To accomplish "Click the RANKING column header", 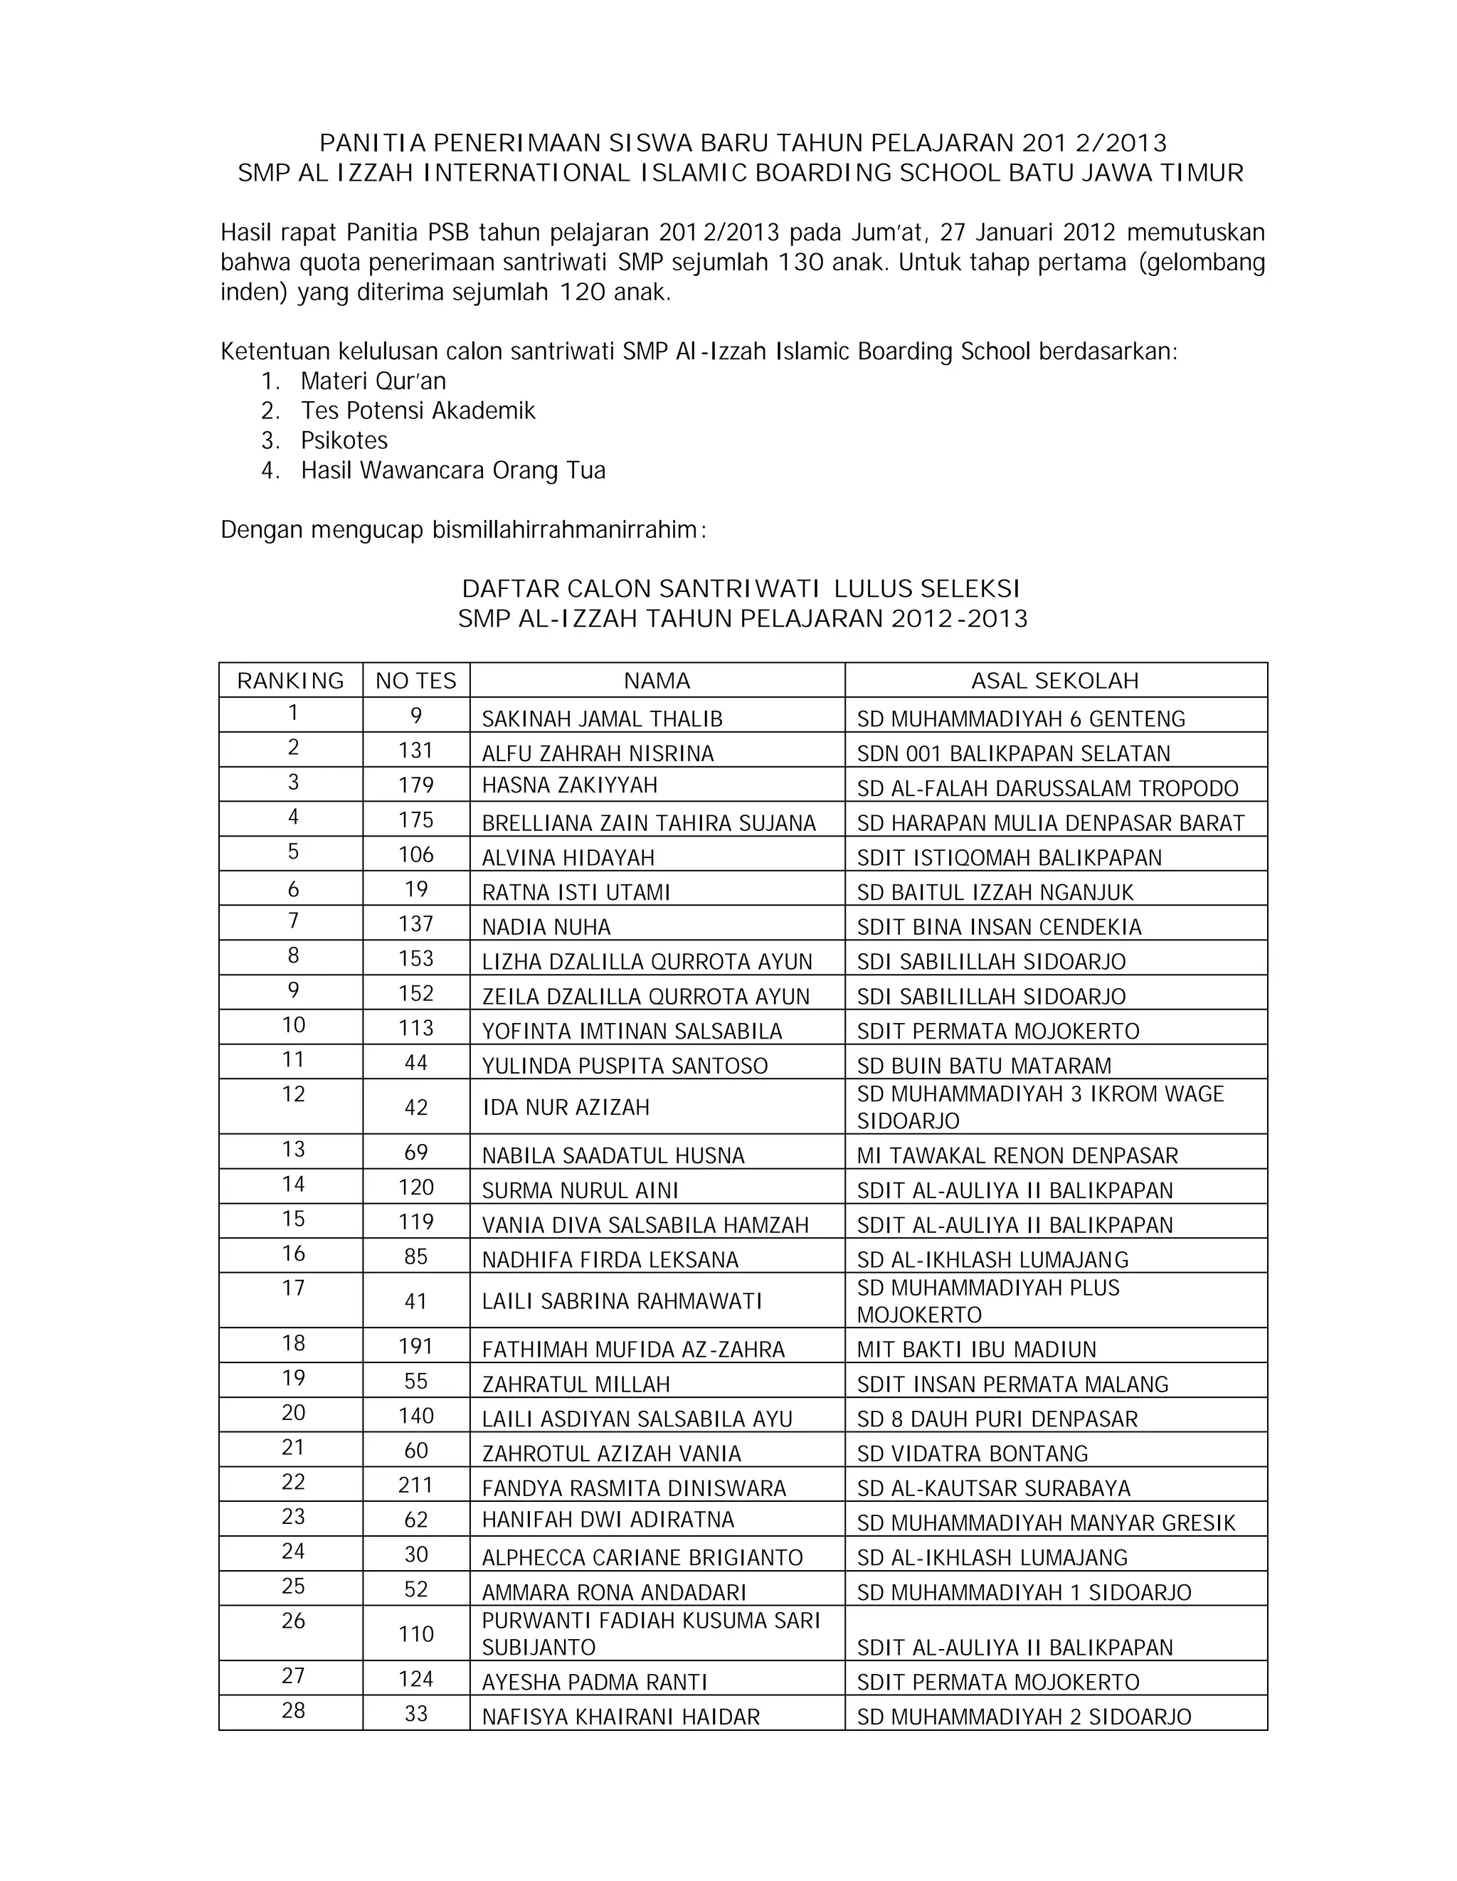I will click(290, 680).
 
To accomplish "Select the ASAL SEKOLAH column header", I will click(1055, 680).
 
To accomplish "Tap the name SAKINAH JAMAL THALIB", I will click(602, 719).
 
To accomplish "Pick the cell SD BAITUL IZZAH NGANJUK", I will click(995, 892).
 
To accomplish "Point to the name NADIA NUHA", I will click(546, 927).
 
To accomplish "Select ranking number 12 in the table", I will click(293, 1093).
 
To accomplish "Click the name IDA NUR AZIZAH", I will click(565, 1107).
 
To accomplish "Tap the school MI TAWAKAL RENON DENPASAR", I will click(1017, 1155).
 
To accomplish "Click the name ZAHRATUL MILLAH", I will click(576, 1384).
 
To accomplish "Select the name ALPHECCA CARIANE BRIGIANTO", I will click(642, 1557).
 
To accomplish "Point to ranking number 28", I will click(293, 1710).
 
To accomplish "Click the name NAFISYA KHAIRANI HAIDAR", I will click(620, 1717).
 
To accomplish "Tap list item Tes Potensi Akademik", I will click(418, 410).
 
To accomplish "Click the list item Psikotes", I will click(344, 440).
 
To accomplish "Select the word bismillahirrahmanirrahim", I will click(565, 530).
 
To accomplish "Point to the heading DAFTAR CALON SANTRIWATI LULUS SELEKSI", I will click(741, 588).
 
